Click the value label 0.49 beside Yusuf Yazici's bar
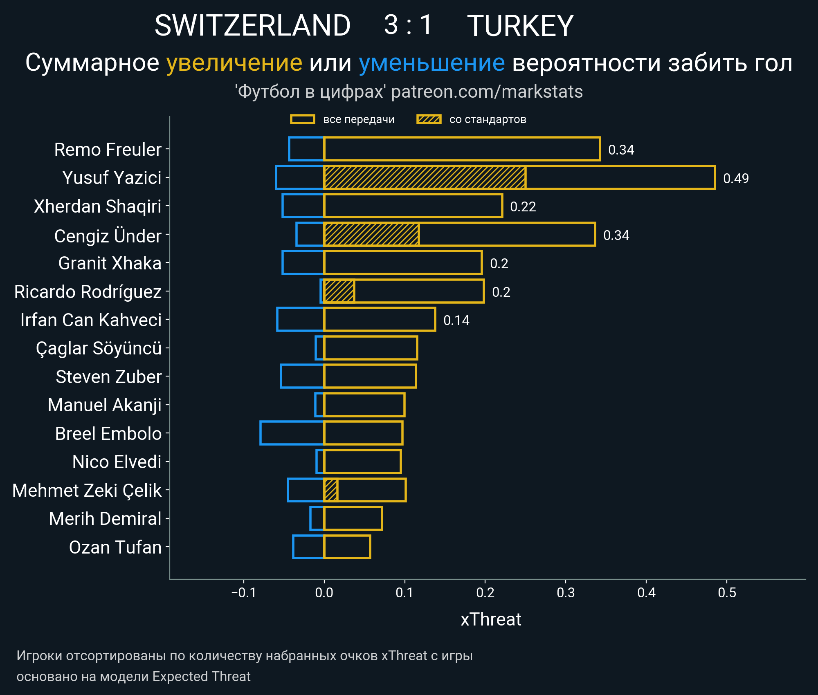tap(736, 178)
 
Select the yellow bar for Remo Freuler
tap(462, 149)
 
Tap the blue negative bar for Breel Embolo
tap(292, 433)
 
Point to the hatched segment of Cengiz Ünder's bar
tap(371, 234)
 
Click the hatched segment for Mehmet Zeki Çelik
tap(330, 490)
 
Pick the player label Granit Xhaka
tap(110, 263)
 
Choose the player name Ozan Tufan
tap(115, 547)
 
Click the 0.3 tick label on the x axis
tap(566, 592)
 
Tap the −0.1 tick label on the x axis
tap(243, 592)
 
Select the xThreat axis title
tap(491, 619)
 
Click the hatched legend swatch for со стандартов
tap(429, 119)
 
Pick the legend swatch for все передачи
tap(302, 119)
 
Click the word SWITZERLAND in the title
tap(252, 26)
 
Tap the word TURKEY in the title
tap(520, 26)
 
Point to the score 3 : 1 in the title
tap(408, 25)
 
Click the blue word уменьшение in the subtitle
tap(431, 63)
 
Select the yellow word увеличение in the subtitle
tap(234, 63)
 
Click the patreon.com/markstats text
tap(487, 92)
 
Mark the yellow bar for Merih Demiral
tap(353, 518)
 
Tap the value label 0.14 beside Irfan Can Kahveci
tap(456, 320)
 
